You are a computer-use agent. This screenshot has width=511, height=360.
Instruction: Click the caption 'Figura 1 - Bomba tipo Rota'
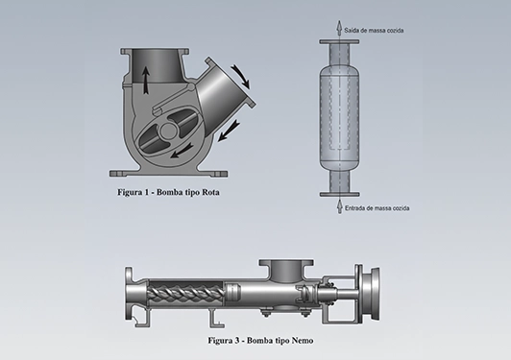[x=168, y=192]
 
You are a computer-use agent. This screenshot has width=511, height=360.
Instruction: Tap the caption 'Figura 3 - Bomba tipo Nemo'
[x=260, y=341]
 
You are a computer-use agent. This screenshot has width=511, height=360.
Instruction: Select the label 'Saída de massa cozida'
[x=374, y=31]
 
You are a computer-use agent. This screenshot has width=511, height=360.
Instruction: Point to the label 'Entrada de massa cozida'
[x=377, y=208]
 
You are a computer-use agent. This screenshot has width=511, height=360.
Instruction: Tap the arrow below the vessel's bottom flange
[x=339, y=205]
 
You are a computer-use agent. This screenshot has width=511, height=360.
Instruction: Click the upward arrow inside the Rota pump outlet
[x=146, y=80]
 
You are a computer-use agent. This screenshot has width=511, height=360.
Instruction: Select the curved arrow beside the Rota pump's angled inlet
[x=241, y=77]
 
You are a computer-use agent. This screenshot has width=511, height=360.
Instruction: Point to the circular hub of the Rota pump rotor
[x=168, y=130]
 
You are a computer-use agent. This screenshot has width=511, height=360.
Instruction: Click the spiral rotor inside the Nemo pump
[x=185, y=293]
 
